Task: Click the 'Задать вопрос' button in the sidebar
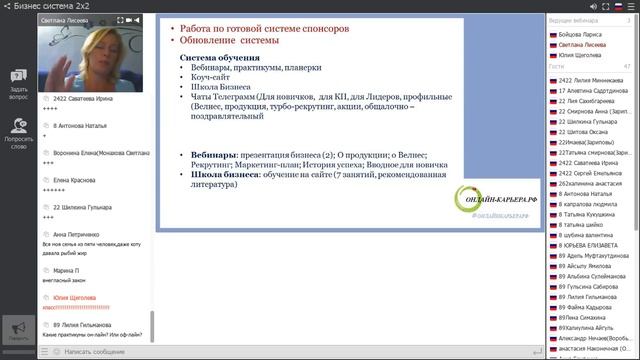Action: [18, 84]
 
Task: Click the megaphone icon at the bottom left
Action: [17, 327]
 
